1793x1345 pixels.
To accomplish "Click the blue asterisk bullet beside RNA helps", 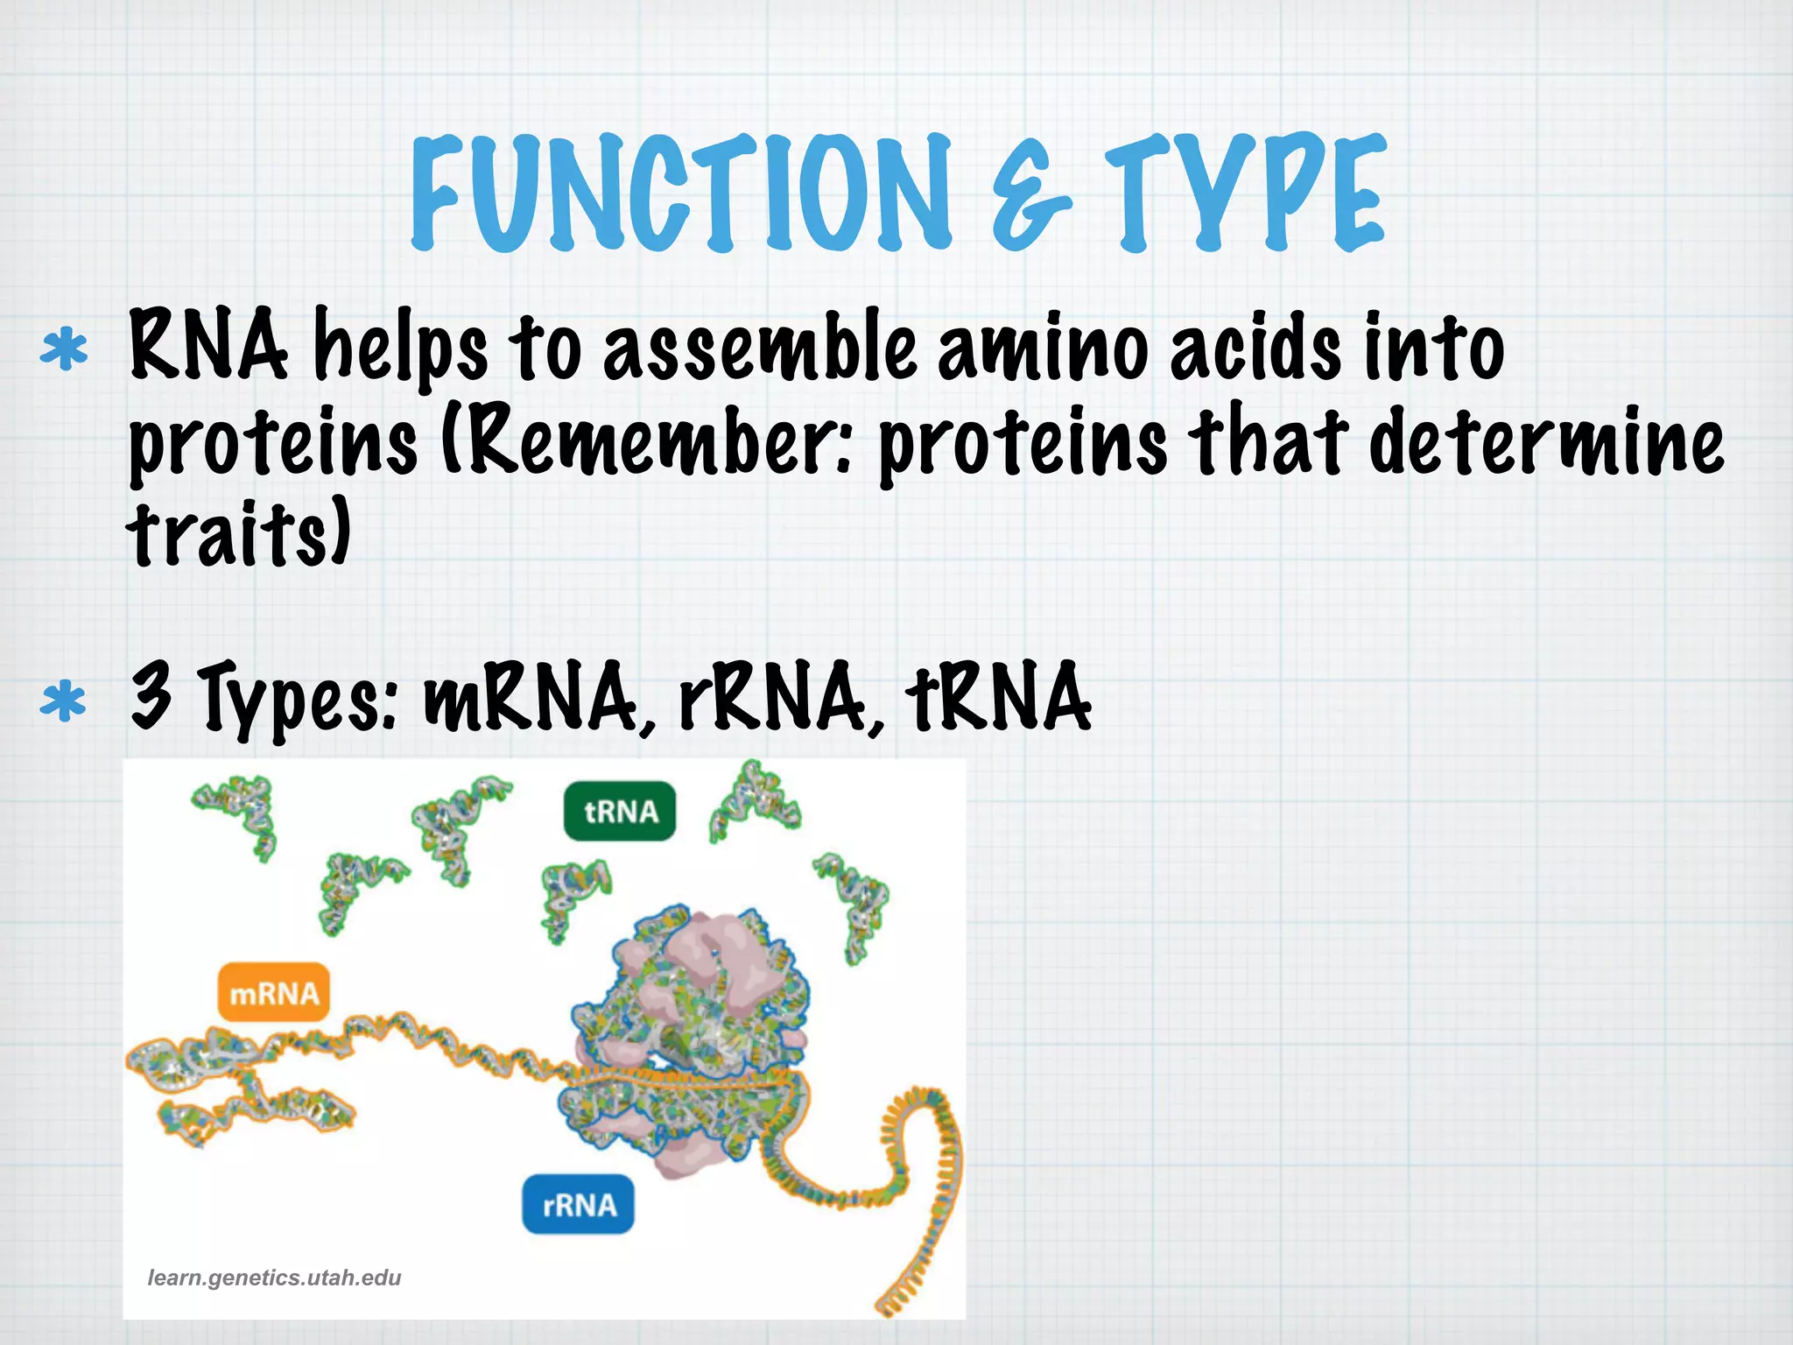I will [64, 351].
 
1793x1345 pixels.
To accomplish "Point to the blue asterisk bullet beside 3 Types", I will [64, 701].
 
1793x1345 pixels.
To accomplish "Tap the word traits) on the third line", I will [239, 532].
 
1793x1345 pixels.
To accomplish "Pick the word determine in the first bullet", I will [1546, 442].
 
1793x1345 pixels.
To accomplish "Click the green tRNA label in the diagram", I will [620, 812].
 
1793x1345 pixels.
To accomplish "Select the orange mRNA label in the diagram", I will [273, 994].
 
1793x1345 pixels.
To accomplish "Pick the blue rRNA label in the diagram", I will [579, 1205].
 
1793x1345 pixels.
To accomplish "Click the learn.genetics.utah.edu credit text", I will [274, 1278].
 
